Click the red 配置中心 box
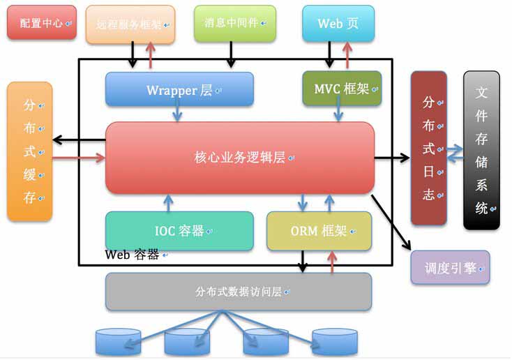click(x=42, y=22)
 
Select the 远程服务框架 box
click(x=130, y=24)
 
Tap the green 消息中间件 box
click(x=235, y=23)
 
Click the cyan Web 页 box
click(x=338, y=23)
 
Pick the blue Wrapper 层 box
click(x=179, y=89)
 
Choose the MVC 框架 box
click(x=342, y=88)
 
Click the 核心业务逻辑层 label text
click(x=240, y=158)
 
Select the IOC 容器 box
click(x=179, y=231)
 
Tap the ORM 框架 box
click(x=319, y=231)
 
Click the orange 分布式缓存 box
click(x=30, y=151)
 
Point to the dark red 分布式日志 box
click(x=429, y=148)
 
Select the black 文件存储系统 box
click(x=481, y=150)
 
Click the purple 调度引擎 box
click(x=451, y=267)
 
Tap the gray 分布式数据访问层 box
click(x=239, y=291)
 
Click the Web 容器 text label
click(x=132, y=255)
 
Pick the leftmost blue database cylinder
click(x=118, y=342)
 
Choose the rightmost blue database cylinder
click(x=335, y=342)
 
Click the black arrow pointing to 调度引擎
click(x=391, y=222)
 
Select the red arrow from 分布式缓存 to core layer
click(x=79, y=158)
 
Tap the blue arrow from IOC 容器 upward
click(x=168, y=203)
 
